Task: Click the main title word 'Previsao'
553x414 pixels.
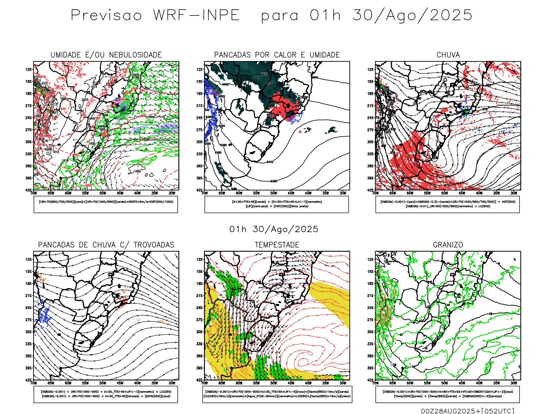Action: coord(106,16)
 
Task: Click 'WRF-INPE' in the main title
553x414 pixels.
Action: coord(196,16)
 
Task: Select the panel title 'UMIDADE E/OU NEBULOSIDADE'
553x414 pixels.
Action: coord(106,55)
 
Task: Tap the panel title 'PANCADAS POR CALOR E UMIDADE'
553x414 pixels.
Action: coord(277,55)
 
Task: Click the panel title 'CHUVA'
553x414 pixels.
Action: coord(448,55)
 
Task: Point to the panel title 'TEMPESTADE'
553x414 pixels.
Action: coord(277,245)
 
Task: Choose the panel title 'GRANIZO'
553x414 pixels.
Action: coord(448,245)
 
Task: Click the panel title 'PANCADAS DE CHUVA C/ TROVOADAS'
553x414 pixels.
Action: coord(106,245)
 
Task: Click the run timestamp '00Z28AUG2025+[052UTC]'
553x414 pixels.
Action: coord(467,411)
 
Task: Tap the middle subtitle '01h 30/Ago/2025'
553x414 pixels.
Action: coord(274,229)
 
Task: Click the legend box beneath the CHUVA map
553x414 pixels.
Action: coord(448,204)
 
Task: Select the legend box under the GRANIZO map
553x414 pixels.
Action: coord(448,394)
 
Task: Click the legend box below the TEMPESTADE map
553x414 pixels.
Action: coord(277,394)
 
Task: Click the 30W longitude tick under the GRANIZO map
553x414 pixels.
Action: coord(514,383)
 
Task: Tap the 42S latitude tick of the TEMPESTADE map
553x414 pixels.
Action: coord(199,380)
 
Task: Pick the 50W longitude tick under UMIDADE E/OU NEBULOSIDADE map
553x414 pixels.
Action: coord(103,193)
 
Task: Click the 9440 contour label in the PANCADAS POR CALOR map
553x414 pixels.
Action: coord(270,162)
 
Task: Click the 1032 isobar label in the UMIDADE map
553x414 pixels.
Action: coord(137,171)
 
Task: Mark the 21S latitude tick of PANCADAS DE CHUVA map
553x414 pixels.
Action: coord(28,296)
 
